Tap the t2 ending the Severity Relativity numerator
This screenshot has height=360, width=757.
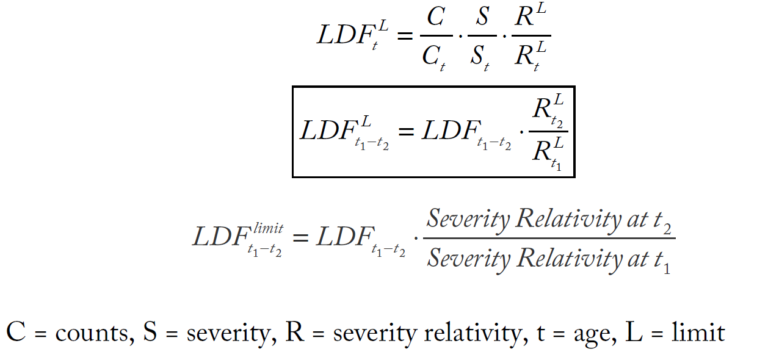point(664,220)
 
